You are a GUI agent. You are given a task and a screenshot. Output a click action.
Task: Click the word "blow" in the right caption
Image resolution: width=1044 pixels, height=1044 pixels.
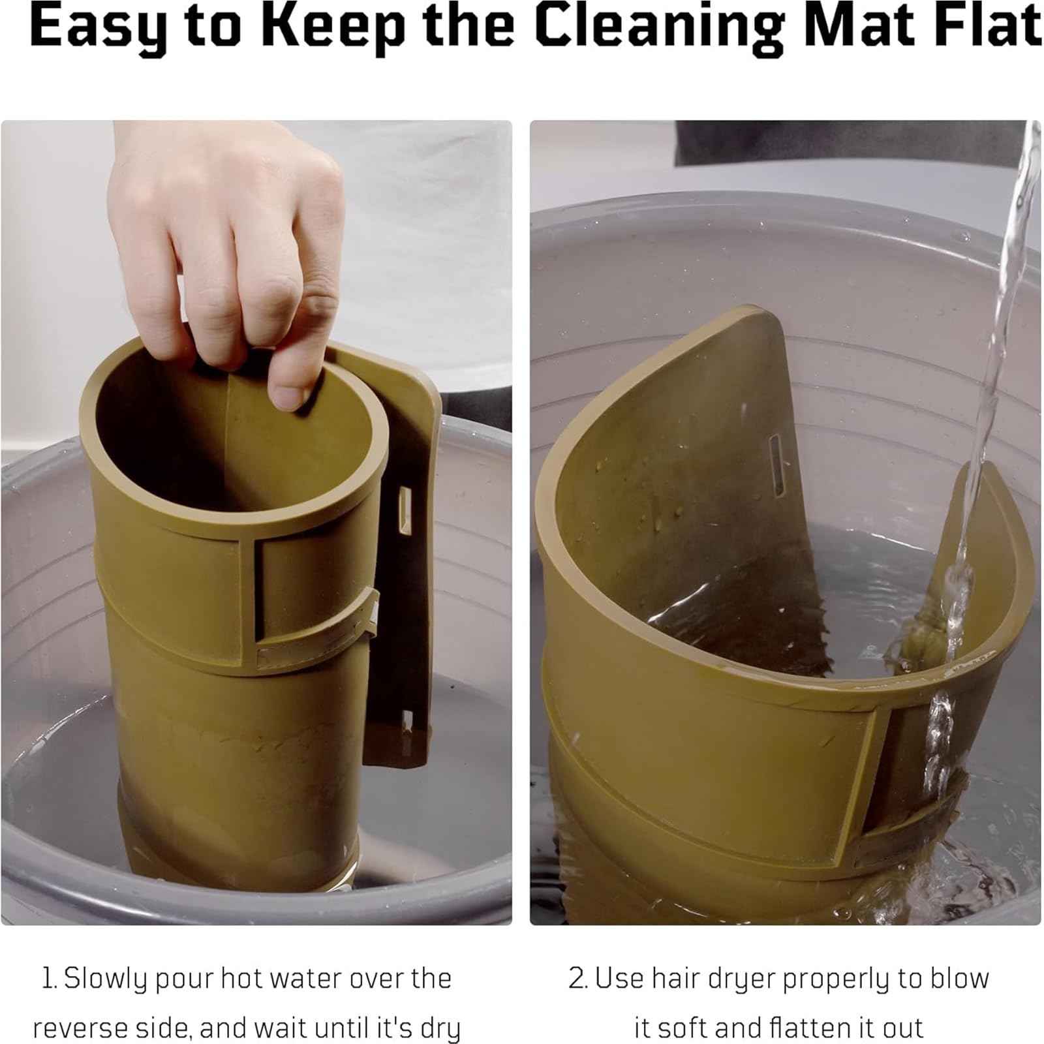click(960, 979)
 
